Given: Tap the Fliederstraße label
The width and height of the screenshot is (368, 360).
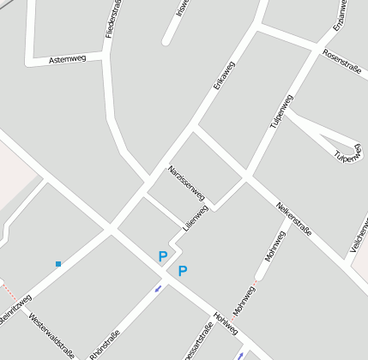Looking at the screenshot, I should (109, 19).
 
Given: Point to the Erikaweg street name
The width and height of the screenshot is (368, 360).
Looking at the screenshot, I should (224, 77).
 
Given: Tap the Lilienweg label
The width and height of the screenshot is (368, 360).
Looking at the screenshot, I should (196, 218).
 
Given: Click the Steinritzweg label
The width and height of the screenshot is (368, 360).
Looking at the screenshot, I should (15, 309).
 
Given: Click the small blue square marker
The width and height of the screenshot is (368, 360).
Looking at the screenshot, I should (58, 264).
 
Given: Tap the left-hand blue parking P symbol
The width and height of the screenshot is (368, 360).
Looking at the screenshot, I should (162, 255).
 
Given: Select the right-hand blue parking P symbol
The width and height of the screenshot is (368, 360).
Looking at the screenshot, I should (183, 271).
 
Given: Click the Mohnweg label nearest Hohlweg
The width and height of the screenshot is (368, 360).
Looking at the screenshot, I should (244, 303).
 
